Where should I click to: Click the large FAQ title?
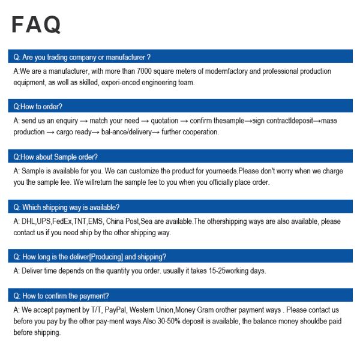pos(36,25)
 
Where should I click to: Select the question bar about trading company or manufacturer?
pos(180,57)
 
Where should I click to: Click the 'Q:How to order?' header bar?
pos(180,106)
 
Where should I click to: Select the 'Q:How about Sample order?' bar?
pos(180,157)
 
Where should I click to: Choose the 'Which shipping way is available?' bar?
pos(180,207)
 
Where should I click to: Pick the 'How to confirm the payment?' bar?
pos(180,296)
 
